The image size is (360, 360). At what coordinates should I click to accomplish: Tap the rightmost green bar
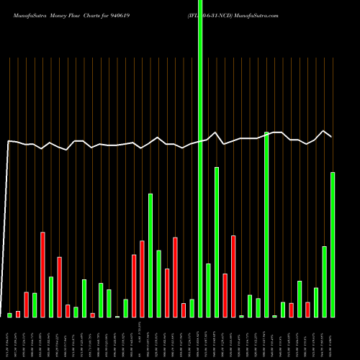pyautogui.click(x=333, y=245)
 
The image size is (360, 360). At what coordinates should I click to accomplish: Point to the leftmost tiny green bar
pyautogui.click(x=9, y=315)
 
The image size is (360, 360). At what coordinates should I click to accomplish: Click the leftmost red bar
pyautogui.click(x=18, y=314)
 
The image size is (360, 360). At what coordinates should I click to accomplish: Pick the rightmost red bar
pyautogui.click(x=307, y=310)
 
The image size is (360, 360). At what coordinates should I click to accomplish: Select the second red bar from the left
pyautogui.click(x=26, y=305)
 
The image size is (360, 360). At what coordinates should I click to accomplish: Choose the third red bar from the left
pyautogui.click(x=42, y=274)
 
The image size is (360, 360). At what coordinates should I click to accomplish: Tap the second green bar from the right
pyautogui.click(x=325, y=282)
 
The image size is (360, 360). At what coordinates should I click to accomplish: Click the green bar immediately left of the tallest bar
pyautogui.click(x=192, y=308)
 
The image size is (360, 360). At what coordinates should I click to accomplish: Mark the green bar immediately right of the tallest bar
pyautogui.click(x=209, y=290)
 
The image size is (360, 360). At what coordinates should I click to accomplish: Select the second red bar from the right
pyautogui.click(x=291, y=310)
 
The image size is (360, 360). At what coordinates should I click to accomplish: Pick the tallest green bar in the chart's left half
pyautogui.click(x=150, y=255)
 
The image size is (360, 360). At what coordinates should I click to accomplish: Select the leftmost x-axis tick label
pyautogui.click(x=9, y=338)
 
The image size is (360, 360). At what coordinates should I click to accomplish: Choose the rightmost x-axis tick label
pyautogui.click(x=333, y=338)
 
